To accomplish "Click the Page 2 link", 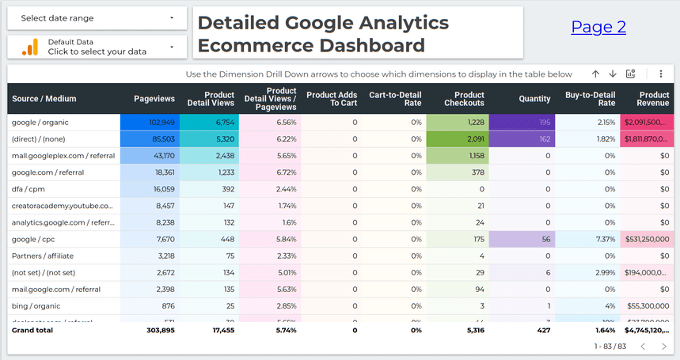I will point(598,28).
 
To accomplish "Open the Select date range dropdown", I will point(97,18).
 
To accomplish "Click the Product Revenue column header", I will point(653,99).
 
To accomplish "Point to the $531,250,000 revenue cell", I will point(648,239).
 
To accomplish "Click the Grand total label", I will point(32,330).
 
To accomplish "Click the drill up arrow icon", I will point(595,74).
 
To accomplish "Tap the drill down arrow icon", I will point(612,74).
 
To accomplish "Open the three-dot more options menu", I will point(661,74).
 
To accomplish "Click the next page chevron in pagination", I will point(663,347).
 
